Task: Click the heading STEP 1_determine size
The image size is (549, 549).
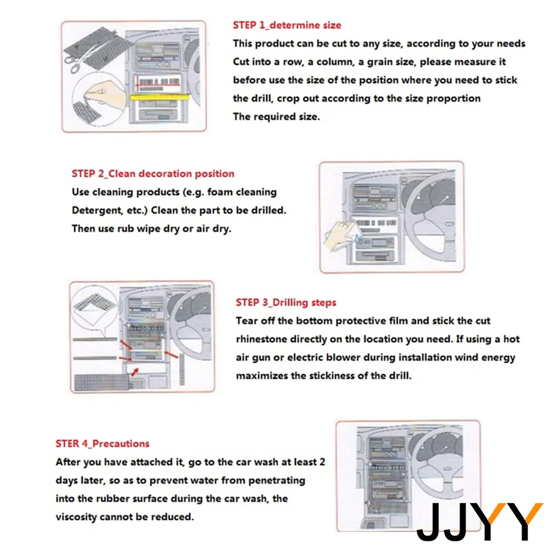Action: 287,25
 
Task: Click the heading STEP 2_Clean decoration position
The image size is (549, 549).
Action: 153,173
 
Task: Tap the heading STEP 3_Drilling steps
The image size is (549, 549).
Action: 286,302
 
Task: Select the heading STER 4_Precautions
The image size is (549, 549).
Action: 103,444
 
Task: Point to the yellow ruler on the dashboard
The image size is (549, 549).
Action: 160,97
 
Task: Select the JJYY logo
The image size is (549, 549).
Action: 480,521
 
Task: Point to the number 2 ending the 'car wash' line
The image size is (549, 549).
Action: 322,462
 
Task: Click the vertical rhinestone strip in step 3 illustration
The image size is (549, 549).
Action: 182,369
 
